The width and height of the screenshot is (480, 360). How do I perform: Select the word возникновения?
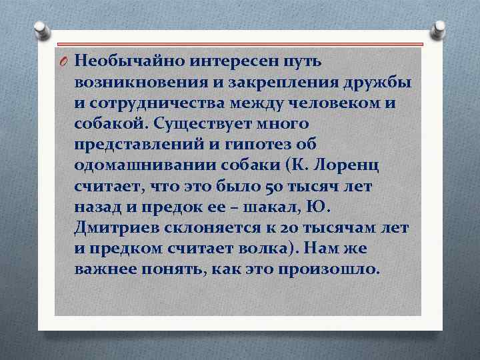click(139, 83)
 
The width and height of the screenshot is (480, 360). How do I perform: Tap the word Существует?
click(215, 124)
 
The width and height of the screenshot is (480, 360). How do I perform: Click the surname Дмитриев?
click(118, 228)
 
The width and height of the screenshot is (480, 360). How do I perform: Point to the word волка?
click(260, 249)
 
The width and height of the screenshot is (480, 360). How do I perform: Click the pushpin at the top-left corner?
click(41, 29)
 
